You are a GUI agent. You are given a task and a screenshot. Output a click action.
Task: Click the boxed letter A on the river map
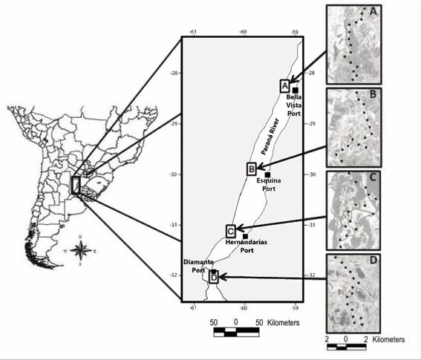click(284, 86)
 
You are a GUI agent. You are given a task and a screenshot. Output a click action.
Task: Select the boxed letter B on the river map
click(252, 169)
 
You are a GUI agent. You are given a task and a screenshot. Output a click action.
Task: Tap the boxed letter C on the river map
click(231, 231)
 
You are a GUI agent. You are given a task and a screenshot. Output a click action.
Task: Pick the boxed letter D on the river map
click(214, 277)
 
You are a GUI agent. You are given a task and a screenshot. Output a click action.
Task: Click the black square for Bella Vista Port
click(296, 91)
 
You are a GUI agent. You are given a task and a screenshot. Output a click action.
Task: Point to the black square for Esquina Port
click(267, 174)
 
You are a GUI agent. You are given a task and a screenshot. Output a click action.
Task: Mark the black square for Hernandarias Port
click(245, 236)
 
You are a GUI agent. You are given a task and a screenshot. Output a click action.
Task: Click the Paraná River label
click(270, 137)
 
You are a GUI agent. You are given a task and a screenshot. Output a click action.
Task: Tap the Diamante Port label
click(198, 266)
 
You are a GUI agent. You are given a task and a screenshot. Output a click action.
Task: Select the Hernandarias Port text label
click(247, 246)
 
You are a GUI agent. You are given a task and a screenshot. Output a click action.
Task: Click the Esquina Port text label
click(269, 184)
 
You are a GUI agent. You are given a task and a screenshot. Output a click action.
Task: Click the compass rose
click(80, 251)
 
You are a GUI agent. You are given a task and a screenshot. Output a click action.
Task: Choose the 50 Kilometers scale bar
click(236, 332)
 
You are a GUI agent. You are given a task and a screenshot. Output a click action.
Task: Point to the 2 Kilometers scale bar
click(346, 347)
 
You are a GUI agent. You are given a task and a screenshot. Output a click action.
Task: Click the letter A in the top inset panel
click(373, 12)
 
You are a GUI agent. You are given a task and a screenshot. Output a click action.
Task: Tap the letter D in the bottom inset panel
click(373, 261)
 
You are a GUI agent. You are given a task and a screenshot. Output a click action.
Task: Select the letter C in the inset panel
click(373, 177)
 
